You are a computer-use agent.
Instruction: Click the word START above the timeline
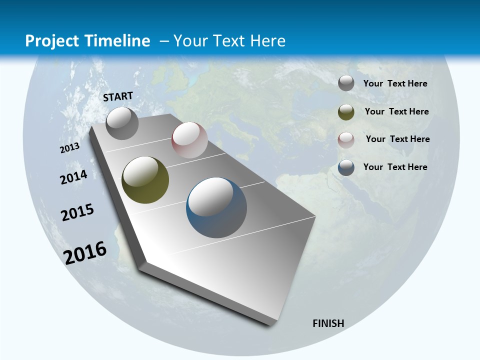118,96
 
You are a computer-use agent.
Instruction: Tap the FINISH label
328,323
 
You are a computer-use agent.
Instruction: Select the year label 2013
70,148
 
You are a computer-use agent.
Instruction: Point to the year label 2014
74,177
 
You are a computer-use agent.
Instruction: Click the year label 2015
77,212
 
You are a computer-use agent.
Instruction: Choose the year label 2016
85,253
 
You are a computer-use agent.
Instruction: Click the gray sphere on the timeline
122,123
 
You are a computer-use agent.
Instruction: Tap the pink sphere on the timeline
189,139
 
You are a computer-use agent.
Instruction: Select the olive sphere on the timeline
145,180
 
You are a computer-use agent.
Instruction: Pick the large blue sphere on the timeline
216,207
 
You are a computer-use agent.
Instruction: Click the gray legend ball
346,83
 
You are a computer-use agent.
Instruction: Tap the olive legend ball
346,112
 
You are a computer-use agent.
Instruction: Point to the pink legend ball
346,139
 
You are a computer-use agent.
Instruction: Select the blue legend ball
346,167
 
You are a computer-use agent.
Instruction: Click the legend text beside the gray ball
395,83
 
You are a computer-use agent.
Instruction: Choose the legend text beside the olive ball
396,111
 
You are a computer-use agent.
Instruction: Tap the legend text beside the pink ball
397,139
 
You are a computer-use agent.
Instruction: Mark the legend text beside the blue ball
395,167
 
